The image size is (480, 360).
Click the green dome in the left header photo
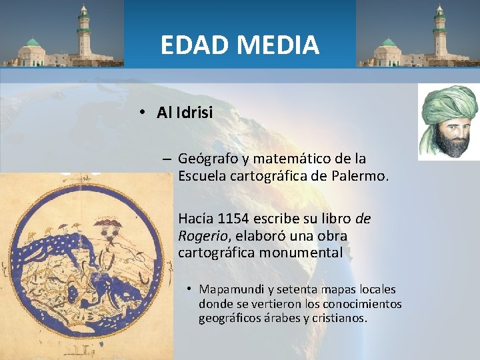point(32,43)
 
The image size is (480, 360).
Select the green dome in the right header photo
point(388,43)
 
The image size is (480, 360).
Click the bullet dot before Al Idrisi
point(143,113)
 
